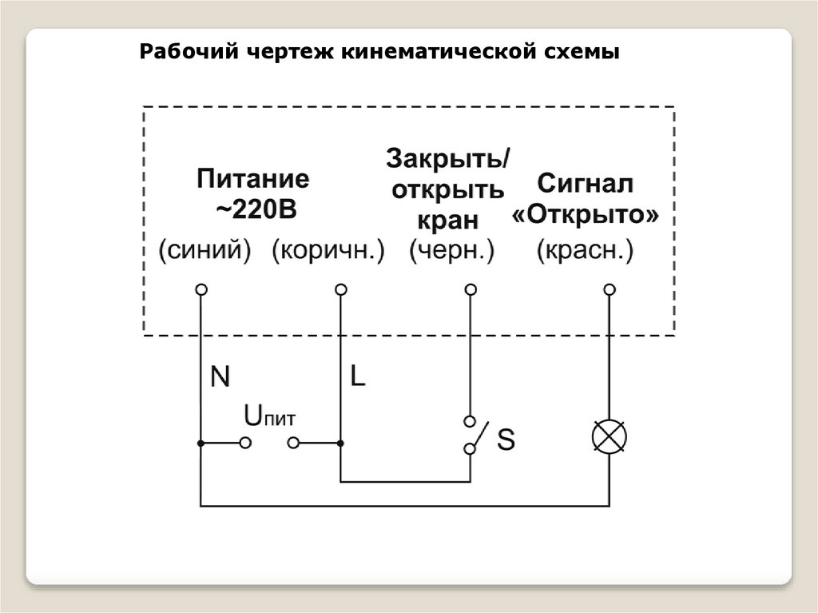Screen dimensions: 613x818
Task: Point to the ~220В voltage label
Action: click(255, 210)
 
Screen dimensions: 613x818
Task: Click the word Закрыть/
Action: click(448, 157)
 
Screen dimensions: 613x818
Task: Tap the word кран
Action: click(448, 220)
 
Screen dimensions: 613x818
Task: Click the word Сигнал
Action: click(586, 183)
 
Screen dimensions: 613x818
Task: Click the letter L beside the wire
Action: click(357, 376)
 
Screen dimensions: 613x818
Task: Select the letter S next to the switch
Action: click(506, 439)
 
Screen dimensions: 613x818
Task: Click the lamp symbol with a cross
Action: click(609, 436)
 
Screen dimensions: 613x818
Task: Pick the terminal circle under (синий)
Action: click(201, 289)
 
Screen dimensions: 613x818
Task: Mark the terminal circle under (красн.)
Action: click(609, 289)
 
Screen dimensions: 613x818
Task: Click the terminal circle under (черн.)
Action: click(471, 289)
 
